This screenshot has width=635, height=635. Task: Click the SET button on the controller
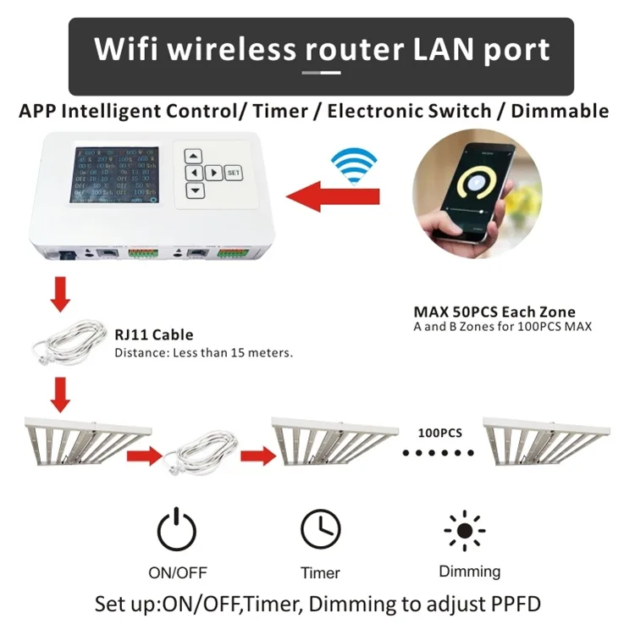tap(234, 173)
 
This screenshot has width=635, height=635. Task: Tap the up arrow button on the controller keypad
tap(195, 156)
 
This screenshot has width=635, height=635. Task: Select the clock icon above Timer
tap(321, 529)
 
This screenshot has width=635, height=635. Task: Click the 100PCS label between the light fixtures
tap(439, 433)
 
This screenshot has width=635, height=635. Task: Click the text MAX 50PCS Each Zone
tap(494, 312)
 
